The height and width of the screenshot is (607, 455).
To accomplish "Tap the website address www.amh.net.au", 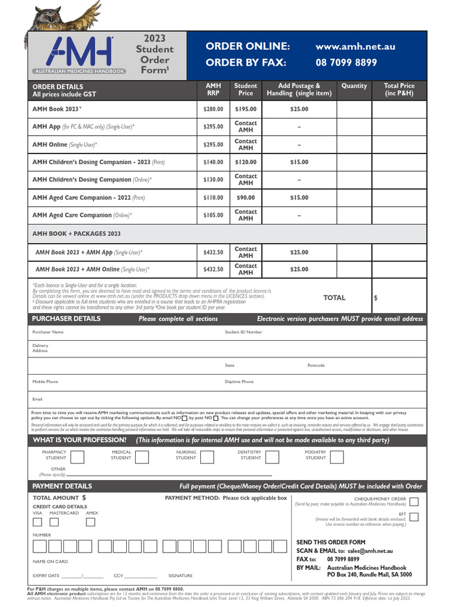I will click(355, 46).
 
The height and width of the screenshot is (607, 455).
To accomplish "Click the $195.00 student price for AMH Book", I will click(245, 109).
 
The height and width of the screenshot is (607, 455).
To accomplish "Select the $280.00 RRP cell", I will click(213, 109).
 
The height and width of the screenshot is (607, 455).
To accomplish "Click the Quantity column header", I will click(354, 86).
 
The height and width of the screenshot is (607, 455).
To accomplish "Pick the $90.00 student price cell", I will click(245, 197).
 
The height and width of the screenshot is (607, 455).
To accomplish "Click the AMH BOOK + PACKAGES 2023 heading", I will click(76, 234).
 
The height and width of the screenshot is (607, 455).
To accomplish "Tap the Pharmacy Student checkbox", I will click(78, 456).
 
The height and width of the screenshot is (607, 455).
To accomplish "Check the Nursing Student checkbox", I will click(207, 456).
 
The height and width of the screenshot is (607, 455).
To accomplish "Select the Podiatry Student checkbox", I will click(336, 456).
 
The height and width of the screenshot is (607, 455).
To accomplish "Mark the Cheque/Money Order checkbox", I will click(414, 501).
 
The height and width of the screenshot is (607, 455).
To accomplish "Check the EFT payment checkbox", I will click(414, 516).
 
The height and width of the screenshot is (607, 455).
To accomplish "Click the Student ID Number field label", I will click(243, 333).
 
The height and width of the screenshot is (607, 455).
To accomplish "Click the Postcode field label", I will click(316, 366).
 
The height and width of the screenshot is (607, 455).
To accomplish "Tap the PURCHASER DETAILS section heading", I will click(66, 319).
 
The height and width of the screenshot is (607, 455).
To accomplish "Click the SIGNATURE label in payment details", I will click(180, 576).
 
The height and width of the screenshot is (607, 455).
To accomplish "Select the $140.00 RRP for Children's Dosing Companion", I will click(213, 162).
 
